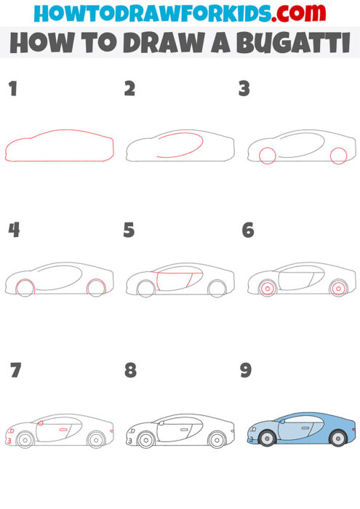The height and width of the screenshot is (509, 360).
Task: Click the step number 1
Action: (12, 89)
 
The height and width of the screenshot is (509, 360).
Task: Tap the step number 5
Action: (129, 231)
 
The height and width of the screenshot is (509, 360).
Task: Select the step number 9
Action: (246, 371)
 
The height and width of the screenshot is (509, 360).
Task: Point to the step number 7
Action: (15, 371)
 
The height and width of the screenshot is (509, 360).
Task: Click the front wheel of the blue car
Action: (267, 439)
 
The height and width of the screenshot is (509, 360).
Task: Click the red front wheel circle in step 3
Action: (267, 156)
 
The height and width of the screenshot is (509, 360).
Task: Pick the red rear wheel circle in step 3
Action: (337, 155)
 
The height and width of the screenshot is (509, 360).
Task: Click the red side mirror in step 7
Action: (41, 423)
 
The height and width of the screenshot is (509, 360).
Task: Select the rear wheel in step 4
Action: (97, 288)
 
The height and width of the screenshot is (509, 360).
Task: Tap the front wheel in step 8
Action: (145, 439)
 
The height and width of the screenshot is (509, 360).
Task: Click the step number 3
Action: (244, 89)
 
